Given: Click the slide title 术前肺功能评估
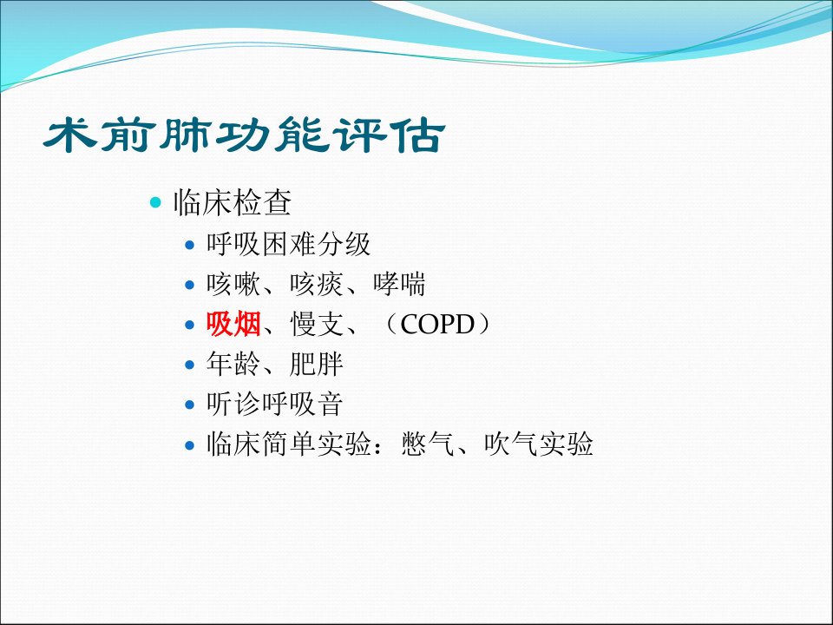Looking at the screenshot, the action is coord(245,135).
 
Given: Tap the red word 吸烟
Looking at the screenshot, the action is coord(233,324).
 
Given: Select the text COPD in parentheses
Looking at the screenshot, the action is coord(437,324).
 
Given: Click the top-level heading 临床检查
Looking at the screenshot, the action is coord(233,202).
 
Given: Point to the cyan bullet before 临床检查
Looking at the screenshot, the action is coord(155,202).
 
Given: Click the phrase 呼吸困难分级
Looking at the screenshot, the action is coord(288,245).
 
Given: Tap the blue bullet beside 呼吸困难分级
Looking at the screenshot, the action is coord(190,245).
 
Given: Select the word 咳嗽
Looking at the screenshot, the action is coord(233,285).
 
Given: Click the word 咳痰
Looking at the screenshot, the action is coord(317,285).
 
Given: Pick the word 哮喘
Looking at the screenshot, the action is coord(399,285).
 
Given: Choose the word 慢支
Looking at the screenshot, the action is coord(318,324).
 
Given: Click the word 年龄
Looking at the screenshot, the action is coord(233,364).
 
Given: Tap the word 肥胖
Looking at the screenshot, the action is coord(317,364).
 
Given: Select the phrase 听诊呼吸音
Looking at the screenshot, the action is coord(275,404).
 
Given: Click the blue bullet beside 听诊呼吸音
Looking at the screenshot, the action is coord(190,405).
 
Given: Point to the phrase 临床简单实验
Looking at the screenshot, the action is coord(288,444).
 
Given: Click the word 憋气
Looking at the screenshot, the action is coord(428,444).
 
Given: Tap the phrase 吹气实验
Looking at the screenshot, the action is coord(539,444).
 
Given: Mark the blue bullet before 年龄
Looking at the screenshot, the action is coord(190,365).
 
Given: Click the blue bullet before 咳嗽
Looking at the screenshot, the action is coord(190,285).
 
